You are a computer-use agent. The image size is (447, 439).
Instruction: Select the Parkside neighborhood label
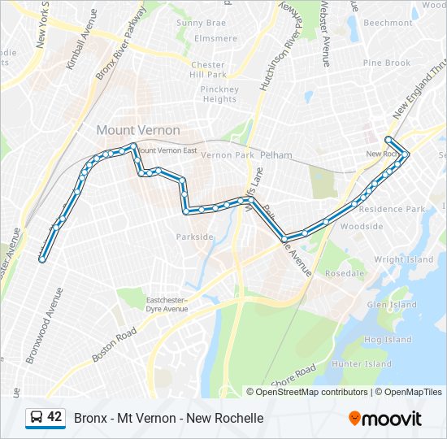pos(195,237)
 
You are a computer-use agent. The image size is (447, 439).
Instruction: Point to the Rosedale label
pos(345,273)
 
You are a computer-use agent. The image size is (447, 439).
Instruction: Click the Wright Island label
pos(403,260)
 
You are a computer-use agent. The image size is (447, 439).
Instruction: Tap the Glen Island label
pos(392,305)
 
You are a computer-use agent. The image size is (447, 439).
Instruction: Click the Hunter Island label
pos(362,364)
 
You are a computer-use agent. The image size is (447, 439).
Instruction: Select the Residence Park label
pos(393,209)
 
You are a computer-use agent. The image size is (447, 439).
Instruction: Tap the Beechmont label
pos(388,24)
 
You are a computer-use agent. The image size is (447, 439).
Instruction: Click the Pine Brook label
pos(387,63)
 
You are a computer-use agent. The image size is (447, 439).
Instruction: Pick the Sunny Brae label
pos(202,24)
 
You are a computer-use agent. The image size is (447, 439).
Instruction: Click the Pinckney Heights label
pos(219,94)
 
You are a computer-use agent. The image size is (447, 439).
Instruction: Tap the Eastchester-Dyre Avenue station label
pos(167,305)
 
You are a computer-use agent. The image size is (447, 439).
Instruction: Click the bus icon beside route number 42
pos(37,418)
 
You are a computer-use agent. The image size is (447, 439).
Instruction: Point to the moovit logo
pos(385,419)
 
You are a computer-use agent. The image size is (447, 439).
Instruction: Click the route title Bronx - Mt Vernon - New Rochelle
pos(169,418)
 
